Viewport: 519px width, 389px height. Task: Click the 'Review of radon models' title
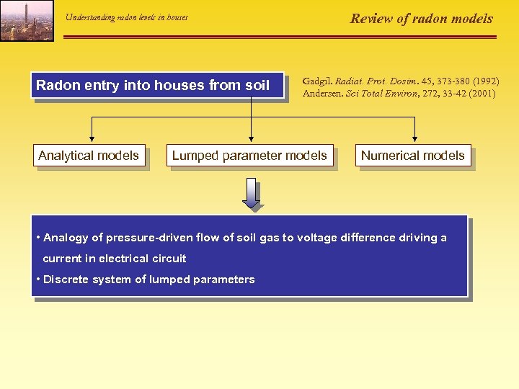421,19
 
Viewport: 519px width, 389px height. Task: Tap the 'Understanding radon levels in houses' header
126,17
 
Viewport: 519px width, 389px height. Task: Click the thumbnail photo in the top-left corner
27,20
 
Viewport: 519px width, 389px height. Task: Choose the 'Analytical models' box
89,156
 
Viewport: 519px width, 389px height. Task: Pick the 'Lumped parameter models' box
249,156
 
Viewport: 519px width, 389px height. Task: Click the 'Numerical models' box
412,156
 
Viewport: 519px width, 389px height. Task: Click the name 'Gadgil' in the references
317,81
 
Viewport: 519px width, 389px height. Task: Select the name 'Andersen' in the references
321,93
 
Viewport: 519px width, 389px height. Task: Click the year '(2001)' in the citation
481,93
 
